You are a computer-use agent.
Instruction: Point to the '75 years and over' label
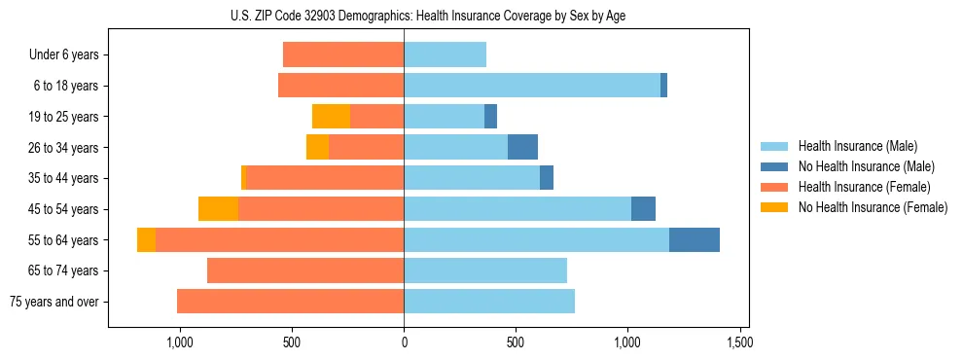[54, 302]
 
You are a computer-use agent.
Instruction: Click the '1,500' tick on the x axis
[739, 343]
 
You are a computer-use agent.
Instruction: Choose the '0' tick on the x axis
[404, 343]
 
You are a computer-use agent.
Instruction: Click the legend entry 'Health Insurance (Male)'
[857, 146]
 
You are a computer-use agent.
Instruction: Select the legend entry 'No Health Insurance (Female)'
[873, 207]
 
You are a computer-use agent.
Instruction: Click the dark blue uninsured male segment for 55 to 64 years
[695, 239]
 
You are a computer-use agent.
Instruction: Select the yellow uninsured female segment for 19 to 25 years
[331, 117]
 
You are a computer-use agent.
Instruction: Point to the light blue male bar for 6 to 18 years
[532, 86]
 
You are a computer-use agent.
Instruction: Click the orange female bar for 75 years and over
[290, 302]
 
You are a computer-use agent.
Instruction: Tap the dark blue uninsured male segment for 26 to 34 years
[522, 147]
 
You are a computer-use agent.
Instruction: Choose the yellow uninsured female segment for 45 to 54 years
[218, 209]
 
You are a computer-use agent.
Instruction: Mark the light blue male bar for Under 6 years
[445, 54]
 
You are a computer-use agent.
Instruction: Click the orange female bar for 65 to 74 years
[305, 270]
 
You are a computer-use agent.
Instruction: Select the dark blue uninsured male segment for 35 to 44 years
[547, 178]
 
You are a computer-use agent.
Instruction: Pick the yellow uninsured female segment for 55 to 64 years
[146, 239]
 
